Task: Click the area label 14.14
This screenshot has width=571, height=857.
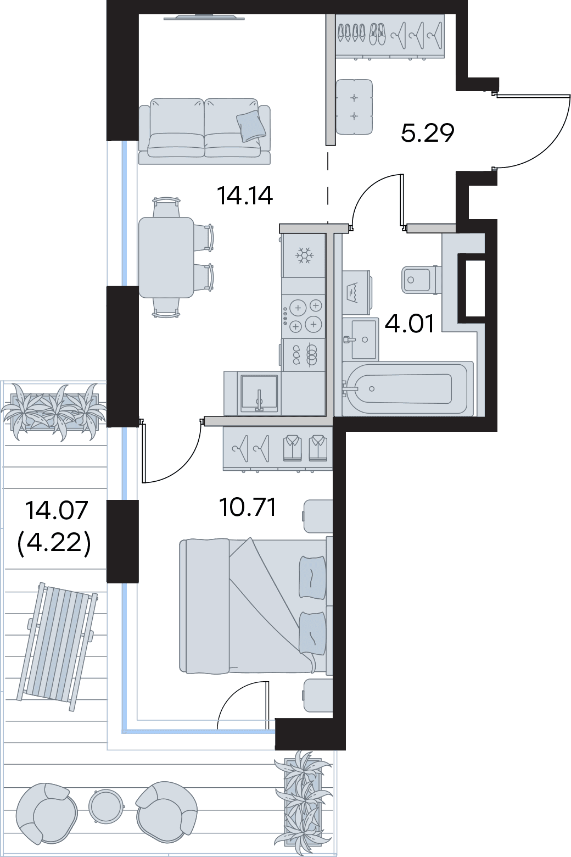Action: (245, 196)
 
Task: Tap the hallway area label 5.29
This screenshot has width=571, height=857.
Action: (428, 133)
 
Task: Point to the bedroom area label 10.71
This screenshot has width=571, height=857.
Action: (247, 508)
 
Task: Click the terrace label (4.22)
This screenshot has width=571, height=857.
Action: (54, 543)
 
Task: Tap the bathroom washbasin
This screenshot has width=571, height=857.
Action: (360, 337)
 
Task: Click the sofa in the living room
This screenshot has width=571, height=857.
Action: (204, 131)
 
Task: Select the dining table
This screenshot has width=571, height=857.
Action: (166, 257)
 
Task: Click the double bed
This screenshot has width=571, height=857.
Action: (255, 605)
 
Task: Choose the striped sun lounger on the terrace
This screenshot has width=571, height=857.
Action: (58, 648)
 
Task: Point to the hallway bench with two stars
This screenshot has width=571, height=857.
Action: (354, 107)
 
